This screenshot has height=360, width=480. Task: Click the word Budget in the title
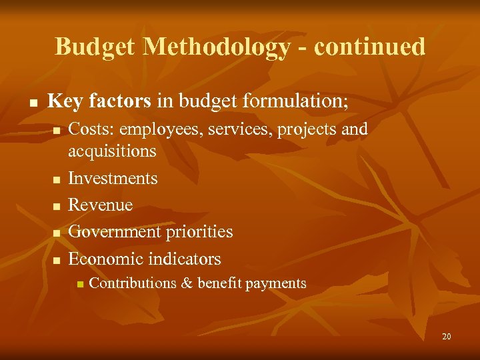pyautogui.click(x=95, y=47)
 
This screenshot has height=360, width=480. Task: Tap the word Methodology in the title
pyautogui.click(x=217, y=47)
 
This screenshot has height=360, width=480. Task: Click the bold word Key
pyautogui.click(x=65, y=101)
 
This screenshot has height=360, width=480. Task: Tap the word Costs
pyautogui.click(x=89, y=129)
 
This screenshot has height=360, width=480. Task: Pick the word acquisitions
pyautogui.click(x=112, y=151)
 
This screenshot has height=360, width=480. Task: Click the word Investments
pyautogui.click(x=113, y=179)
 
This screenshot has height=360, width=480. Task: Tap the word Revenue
pyautogui.click(x=101, y=205)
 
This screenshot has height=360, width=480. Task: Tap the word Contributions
pyautogui.click(x=132, y=283)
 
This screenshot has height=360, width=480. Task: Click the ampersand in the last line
pyautogui.click(x=186, y=283)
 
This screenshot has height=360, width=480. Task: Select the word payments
pyautogui.click(x=276, y=283)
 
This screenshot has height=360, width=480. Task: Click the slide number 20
pyautogui.click(x=446, y=337)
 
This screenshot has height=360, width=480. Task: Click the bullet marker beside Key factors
pyautogui.click(x=31, y=103)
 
